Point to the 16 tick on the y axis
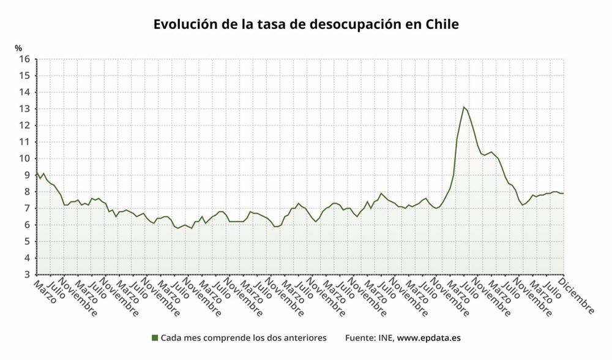coord(24,59)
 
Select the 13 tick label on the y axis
coord(24,109)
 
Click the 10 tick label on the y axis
coord(24,159)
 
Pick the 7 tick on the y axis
coord(27,208)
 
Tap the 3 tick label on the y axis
coord(27,274)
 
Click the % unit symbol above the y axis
coord(18,48)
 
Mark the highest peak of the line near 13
coord(464,107)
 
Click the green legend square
coord(155,337)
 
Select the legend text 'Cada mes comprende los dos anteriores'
coord(244,337)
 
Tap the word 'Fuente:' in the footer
coord(361,337)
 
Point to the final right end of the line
coord(563,193)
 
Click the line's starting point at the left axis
coord(37,171)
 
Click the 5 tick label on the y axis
coord(27,241)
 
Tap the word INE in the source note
coord(386,337)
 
